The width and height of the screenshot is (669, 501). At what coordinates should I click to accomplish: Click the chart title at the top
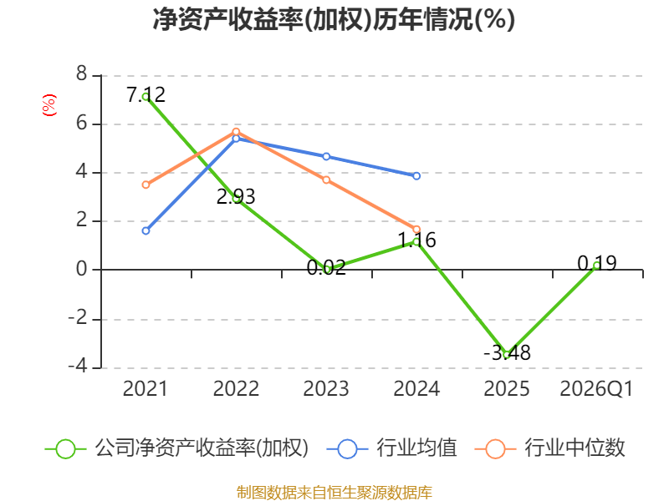coord(334,19)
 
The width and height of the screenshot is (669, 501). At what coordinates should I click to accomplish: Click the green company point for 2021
coord(146,97)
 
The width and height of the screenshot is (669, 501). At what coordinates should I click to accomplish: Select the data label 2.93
coord(236,197)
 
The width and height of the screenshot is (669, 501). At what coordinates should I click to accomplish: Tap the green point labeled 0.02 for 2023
coord(326,269)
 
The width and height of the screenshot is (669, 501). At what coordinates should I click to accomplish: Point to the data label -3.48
coord(507,352)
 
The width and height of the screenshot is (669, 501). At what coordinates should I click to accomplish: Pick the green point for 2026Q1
coord(597,265)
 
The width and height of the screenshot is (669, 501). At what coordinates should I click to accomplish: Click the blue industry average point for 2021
coord(146,231)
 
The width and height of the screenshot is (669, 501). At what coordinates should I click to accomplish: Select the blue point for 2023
coord(326,156)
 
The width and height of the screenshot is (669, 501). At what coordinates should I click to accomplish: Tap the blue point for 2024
coord(416,176)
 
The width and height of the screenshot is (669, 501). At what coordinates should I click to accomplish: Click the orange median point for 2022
coord(236,132)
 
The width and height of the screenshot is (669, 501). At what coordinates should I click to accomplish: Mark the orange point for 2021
coord(146,185)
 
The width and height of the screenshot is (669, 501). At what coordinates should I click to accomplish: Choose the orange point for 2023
coord(326,180)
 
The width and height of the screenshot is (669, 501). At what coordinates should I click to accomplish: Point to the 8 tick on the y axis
coord(81,74)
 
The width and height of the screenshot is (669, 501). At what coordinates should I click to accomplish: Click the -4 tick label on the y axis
coord(78,366)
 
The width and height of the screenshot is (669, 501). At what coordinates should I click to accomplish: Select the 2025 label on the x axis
coord(507,388)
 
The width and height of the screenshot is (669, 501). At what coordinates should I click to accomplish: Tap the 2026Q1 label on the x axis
coord(596,389)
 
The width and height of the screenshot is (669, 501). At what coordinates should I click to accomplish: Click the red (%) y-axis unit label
coord(49,105)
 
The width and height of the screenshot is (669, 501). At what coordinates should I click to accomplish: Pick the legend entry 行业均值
coord(392,448)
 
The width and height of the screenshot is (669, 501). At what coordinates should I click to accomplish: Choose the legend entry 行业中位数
coord(550,448)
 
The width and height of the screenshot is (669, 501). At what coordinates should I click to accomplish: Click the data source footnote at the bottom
coord(334,492)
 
